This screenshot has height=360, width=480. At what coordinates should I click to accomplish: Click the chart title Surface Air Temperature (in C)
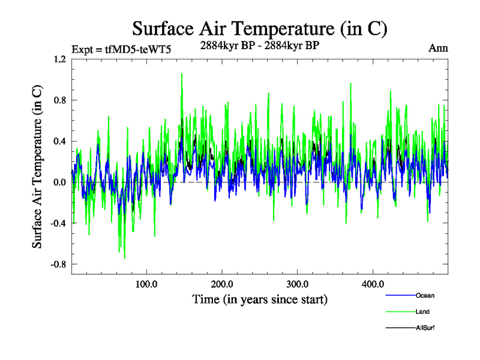tap(260, 29)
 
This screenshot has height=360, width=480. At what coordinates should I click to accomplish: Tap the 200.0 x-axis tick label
tap(222, 283)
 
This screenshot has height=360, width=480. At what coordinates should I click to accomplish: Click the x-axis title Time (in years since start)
tap(259, 298)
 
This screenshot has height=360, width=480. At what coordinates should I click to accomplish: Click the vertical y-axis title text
tap(37, 167)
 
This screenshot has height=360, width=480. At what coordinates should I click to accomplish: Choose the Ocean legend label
tap(425, 295)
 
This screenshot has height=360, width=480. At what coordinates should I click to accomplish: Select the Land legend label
tap(422, 311)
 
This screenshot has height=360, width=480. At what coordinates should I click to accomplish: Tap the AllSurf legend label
tap(425, 328)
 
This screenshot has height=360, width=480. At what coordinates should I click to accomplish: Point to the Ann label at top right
tap(438, 48)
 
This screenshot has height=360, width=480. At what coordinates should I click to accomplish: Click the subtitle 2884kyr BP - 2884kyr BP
tap(259, 44)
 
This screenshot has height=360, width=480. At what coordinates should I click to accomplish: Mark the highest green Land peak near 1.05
tap(181, 74)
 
